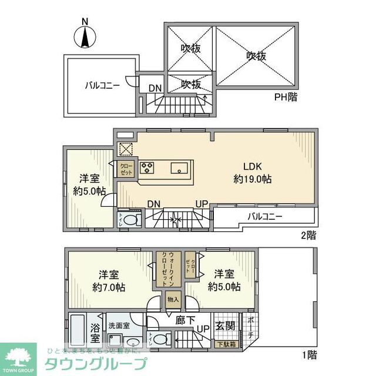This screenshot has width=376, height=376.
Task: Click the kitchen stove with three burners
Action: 147,168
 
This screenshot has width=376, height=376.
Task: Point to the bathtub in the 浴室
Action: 77,332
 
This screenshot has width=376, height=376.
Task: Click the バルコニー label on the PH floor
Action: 102,85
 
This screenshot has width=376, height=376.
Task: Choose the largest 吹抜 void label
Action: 256,56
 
